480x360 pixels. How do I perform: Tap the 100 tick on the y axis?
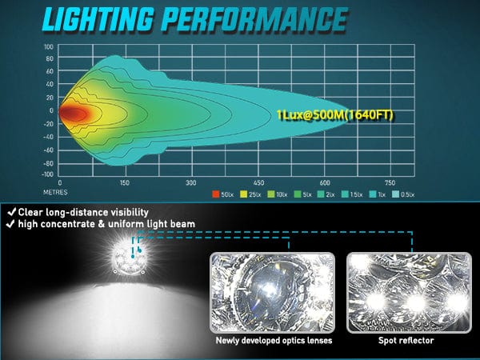(48, 46)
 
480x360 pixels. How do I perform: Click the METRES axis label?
(58, 192)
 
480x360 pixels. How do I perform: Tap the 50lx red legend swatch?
(215, 194)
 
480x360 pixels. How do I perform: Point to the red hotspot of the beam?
(73, 114)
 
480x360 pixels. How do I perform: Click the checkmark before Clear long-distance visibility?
(10, 213)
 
